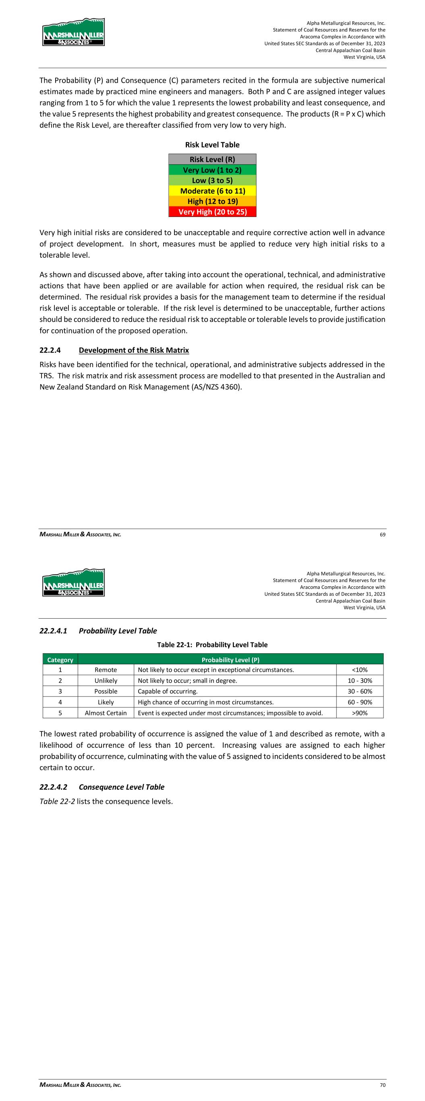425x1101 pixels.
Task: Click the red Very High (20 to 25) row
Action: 212,212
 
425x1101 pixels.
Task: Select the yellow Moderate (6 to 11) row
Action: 212,191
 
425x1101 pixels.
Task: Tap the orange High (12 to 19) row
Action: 212,201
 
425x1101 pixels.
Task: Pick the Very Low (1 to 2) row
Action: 212,170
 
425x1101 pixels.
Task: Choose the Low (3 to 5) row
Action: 212,180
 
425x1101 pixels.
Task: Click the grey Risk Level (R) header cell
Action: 212,159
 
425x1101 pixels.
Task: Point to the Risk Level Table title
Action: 212,145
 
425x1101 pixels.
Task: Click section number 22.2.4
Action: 50,350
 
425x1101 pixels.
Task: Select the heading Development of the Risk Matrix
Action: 134,350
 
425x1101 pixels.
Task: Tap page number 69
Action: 382,534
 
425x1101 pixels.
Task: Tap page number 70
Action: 382,1085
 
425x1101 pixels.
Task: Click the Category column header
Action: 60,660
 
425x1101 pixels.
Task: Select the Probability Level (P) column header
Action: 230,660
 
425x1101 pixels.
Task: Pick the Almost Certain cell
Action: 106,713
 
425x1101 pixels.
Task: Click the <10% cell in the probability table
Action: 360,670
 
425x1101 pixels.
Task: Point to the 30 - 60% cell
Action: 360,691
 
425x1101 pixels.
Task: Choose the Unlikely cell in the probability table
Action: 106,680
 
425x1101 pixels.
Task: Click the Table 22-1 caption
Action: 212,644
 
